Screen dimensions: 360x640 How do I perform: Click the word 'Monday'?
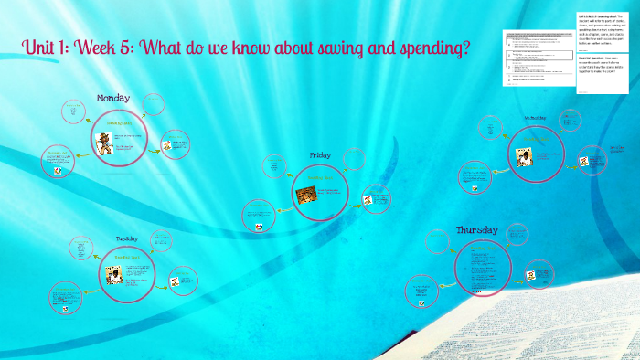click(x=113, y=98)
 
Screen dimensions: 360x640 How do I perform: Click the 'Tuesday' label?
click(x=126, y=238)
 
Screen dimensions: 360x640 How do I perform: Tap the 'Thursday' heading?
click(x=476, y=229)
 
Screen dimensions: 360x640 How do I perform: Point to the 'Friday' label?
click(x=320, y=155)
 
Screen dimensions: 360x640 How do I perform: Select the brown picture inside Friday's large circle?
click(x=306, y=194)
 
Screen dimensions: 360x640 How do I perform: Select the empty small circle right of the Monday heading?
click(x=154, y=105)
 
